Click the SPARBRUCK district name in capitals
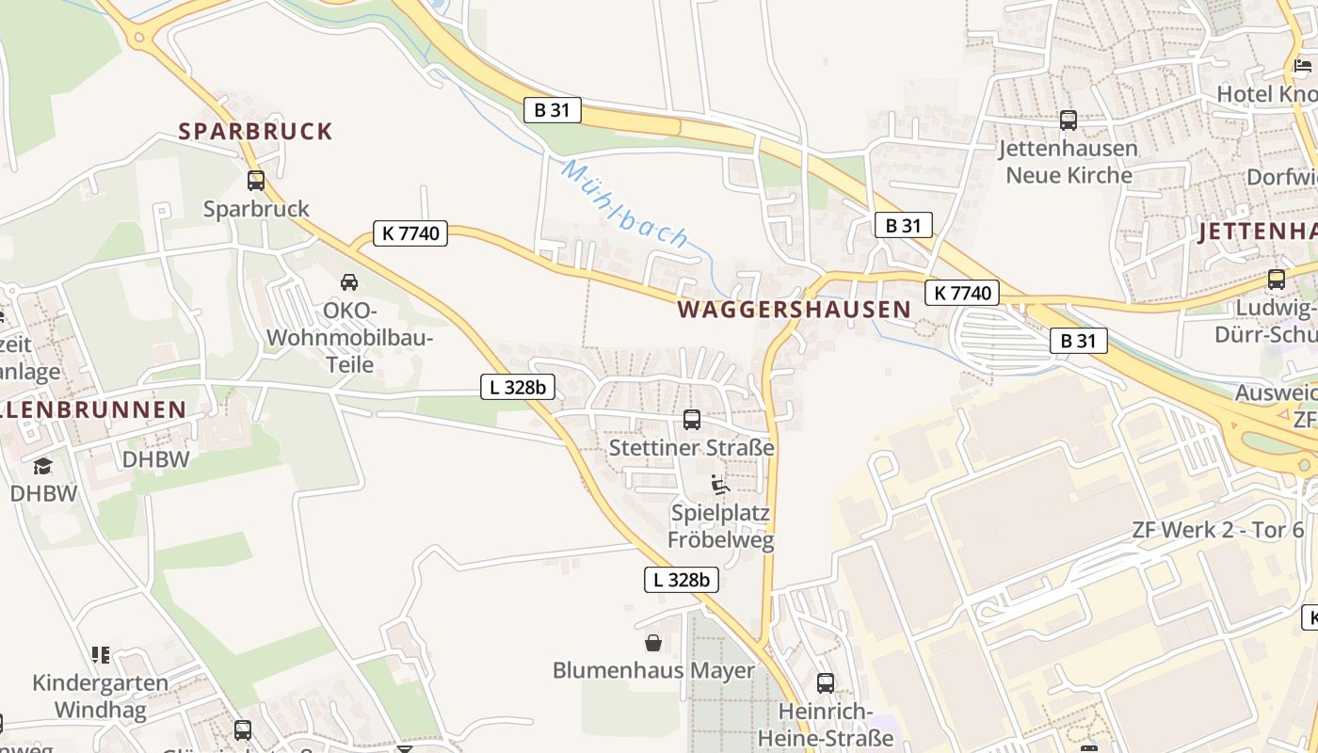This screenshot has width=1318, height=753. click(x=256, y=131)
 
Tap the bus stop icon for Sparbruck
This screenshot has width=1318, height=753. click(x=256, y=180)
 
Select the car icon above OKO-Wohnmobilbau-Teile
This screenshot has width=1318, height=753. click(x=348, y=281)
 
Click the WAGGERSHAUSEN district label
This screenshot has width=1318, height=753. click(x=795, y=309)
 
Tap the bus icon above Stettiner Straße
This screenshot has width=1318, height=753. click(x=692, y=420)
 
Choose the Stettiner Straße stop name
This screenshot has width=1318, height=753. click(x=692, y=447)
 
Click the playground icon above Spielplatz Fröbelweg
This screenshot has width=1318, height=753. click(x=720, y=486)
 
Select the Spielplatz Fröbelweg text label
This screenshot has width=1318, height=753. click(x=720, y=526)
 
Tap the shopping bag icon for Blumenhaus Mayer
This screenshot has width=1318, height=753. click(x=653, y=643)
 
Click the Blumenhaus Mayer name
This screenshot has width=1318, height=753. click(x=653, y=670)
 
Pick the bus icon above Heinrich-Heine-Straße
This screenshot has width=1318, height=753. click(x=826, y=683)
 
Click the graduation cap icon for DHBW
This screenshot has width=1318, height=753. click(x=42, y=466)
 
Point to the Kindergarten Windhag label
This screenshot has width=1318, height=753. click(x=101, y=696)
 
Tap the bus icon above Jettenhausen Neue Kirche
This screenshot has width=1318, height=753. click(x=1069, y=120)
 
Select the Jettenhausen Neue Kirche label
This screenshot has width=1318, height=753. click(x=1069, y=161)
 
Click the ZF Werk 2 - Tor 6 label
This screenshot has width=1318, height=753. click(x=1218, y=529)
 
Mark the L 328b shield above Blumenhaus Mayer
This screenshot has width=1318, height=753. click(x=682, y=580)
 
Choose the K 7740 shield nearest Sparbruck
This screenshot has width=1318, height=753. click(x=410, y=233)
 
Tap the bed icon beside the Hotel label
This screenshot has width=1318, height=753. click(x=1303, y=66)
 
